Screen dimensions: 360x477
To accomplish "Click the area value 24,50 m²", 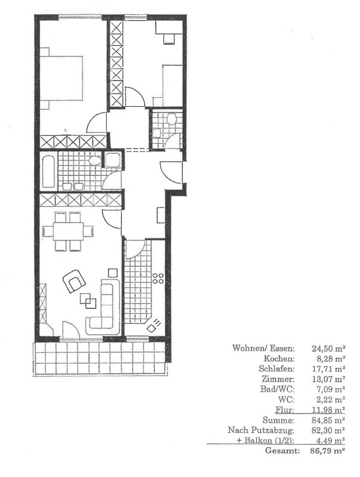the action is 328,348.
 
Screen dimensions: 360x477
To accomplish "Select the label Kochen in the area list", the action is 279,359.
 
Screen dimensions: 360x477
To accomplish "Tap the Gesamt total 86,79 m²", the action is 327,451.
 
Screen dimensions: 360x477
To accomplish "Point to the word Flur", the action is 284,410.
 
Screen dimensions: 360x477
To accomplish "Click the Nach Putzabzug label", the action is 261,430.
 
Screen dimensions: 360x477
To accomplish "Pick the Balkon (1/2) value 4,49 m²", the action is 330,441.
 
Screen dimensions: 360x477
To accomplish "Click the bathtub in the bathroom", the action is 49,171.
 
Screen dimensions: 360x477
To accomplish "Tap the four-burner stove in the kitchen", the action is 158,278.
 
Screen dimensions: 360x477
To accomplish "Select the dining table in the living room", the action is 69,231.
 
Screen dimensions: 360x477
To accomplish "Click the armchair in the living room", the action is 73,281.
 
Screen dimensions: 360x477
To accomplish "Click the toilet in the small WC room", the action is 172,119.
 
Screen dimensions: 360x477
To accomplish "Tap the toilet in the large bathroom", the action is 95,161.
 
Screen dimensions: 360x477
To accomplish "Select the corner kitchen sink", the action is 154,326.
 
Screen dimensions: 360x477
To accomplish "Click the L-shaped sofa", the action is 105,309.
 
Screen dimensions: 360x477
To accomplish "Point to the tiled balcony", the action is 100,358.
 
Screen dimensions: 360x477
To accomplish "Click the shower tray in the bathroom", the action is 113,160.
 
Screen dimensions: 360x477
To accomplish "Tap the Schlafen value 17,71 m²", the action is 328,368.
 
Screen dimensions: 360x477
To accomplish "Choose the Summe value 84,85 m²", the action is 328,420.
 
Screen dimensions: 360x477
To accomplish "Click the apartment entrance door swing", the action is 171,172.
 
